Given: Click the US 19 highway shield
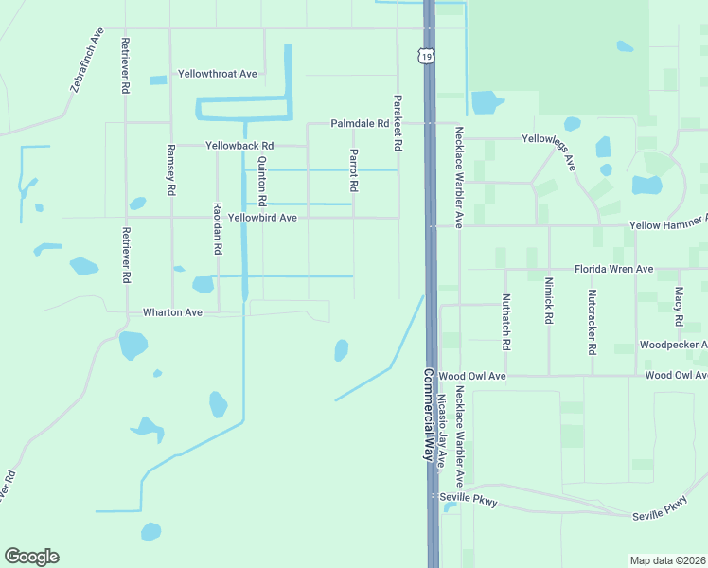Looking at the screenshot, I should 429,57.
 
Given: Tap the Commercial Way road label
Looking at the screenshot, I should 428,414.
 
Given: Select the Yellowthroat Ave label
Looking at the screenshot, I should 218,74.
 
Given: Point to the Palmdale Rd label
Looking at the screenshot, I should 360,124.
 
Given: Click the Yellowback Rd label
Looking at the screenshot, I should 239,146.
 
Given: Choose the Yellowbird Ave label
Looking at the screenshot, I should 262,218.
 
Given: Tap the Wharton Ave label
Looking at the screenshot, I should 172,311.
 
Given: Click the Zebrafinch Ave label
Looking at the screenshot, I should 86,64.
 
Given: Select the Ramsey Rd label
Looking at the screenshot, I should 171,169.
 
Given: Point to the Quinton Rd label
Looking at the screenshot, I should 262,180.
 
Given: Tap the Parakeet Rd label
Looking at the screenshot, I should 398,123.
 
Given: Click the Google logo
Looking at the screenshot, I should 31,557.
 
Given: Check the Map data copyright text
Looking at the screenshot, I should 668,560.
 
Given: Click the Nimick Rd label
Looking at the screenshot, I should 548,300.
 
